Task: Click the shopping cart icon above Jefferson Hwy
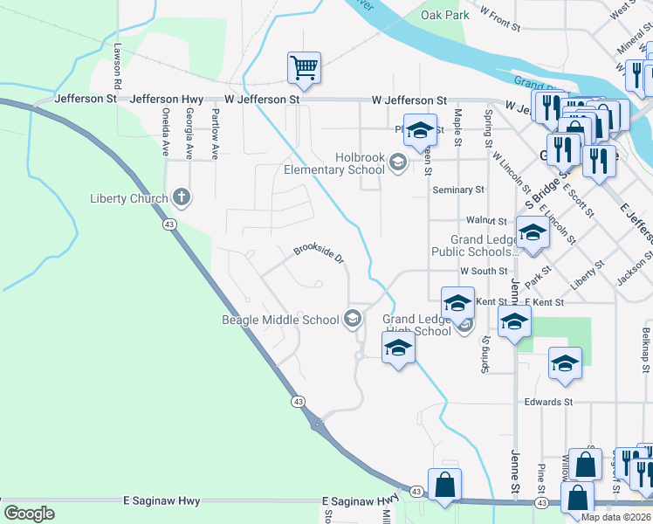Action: click(x=304, y=67)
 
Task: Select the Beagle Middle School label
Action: click(x=279, y=320)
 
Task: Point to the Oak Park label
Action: click(x=444, y=15)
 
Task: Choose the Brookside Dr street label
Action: click(x=319, y=253)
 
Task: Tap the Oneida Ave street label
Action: click(x=164, y=132)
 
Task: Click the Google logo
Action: click(x=29, y=514)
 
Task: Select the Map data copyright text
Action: click(x=615, y=517)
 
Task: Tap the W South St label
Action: click(x=484, y=272)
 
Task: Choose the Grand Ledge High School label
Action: click(x=416, y=325)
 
